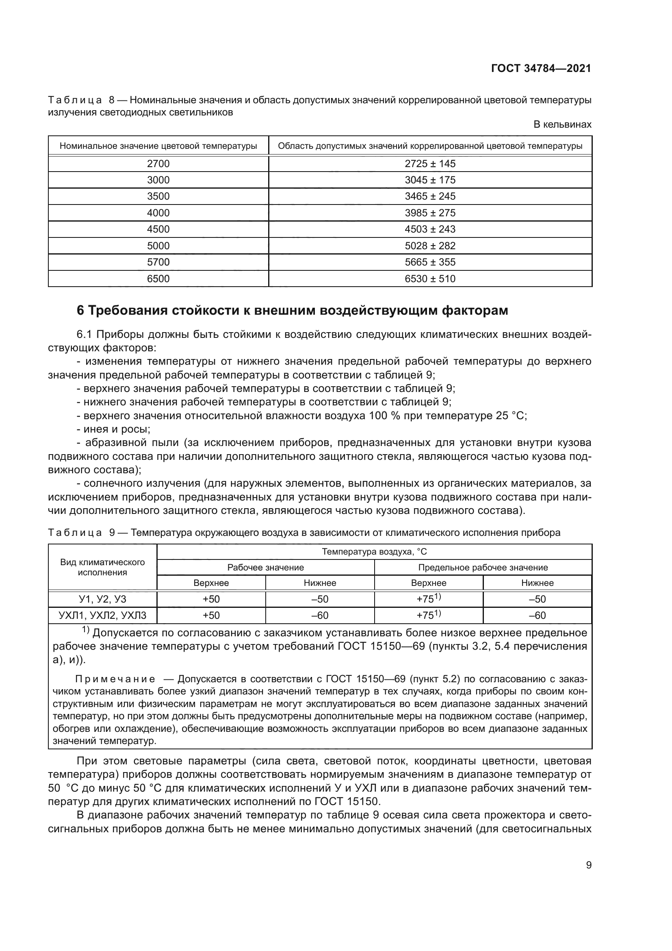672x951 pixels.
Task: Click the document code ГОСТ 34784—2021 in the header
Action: point(541,69)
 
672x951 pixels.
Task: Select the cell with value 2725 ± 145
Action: point(429,163)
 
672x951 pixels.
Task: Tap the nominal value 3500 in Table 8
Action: point(158,196)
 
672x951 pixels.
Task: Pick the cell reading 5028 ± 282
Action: point(429,246)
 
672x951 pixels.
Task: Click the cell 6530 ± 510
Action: point(429,279)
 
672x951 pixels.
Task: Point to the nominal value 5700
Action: point(158,262)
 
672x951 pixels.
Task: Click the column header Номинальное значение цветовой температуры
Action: point(158,146)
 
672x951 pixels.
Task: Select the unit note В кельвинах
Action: point(562,124)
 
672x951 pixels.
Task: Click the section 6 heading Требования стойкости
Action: point(292,310)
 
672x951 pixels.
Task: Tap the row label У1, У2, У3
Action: point(102,599)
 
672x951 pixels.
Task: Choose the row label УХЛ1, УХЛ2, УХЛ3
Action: point(102,615)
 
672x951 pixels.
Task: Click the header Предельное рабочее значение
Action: point(483,568)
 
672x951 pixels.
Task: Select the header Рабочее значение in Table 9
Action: point(265,568)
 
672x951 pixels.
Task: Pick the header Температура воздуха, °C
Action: point(374,552)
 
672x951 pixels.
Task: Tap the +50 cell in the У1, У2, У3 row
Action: point(211,599)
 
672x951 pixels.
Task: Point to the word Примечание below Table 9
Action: point(115,679)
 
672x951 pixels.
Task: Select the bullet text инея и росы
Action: point(117,429)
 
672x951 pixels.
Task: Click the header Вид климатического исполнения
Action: point(102,567)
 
